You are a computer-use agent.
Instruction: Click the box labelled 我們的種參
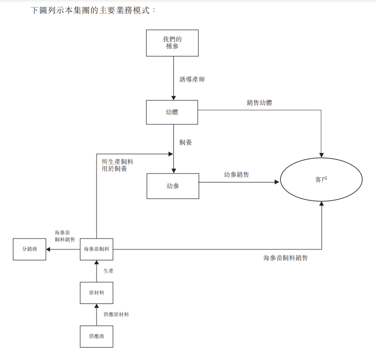click(x=172, y=43)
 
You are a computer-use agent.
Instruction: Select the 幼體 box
click(x=172, y=113)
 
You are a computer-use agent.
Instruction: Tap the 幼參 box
click(x=172, y=186)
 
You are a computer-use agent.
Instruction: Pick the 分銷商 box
click(x=29, y=249)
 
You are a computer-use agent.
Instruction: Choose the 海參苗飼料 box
click(x=96, y=249)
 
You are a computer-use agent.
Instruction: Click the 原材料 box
click(x=96, y=293)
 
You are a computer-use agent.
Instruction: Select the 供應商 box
click(x=96, y=336)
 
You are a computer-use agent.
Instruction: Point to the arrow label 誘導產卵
click(x=192, y=79)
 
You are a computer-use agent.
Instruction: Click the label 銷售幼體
click(x=259, y=103)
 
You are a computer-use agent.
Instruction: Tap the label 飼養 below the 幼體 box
click(x=185, y=142)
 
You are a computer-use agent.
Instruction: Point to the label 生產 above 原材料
click(x=108, y=271)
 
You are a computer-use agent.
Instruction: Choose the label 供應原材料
click(x=116, y=314)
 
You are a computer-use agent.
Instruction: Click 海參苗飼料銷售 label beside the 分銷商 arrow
click(x=65, y=236)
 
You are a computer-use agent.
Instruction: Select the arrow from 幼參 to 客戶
click(x=238, y=182)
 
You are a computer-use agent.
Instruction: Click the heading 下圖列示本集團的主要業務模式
click(x=93, y=10)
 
